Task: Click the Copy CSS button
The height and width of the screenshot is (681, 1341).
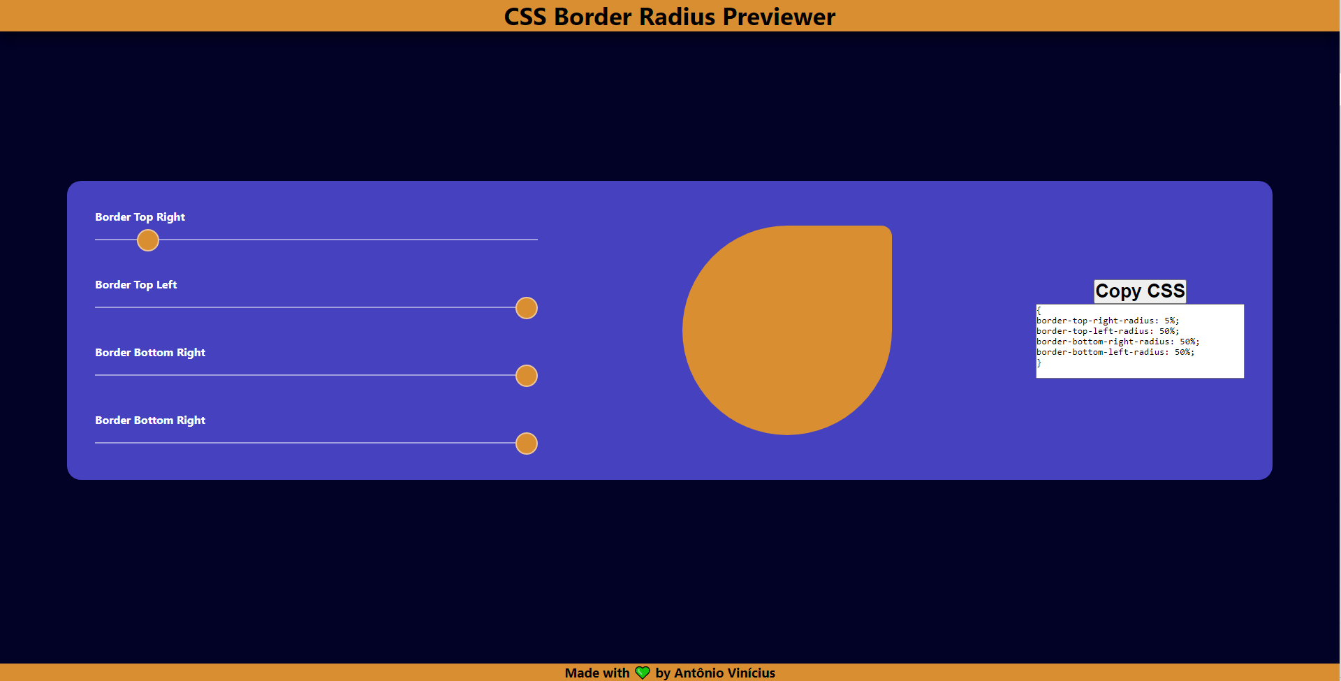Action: click(1140, 291)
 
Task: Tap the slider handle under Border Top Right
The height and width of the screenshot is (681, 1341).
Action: click(148, 240)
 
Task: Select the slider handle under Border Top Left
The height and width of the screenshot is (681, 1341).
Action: click(527, 308)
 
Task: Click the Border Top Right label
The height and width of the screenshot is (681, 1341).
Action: click(140, 217)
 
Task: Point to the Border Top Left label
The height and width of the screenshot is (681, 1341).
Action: click(136, 285)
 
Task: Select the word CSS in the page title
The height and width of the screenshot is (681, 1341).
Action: click(525, 17)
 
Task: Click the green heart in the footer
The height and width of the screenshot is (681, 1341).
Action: click(643, 673)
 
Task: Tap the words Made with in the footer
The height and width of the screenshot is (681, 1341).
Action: click(597, 673)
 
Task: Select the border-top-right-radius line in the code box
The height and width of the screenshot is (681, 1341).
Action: click(1108, 321)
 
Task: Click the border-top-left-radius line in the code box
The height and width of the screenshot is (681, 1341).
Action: click(1108, 331)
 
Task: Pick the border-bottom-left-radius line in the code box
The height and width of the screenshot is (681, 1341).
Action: click(1115, 352)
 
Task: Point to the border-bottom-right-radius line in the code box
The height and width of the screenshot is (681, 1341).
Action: click(1118, 342)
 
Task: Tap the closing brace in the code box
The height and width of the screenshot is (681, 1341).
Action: click(1039, 363)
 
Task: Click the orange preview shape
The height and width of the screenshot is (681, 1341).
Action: click(787, 330)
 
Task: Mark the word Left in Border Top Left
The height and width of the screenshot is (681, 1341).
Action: click(166, 285)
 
